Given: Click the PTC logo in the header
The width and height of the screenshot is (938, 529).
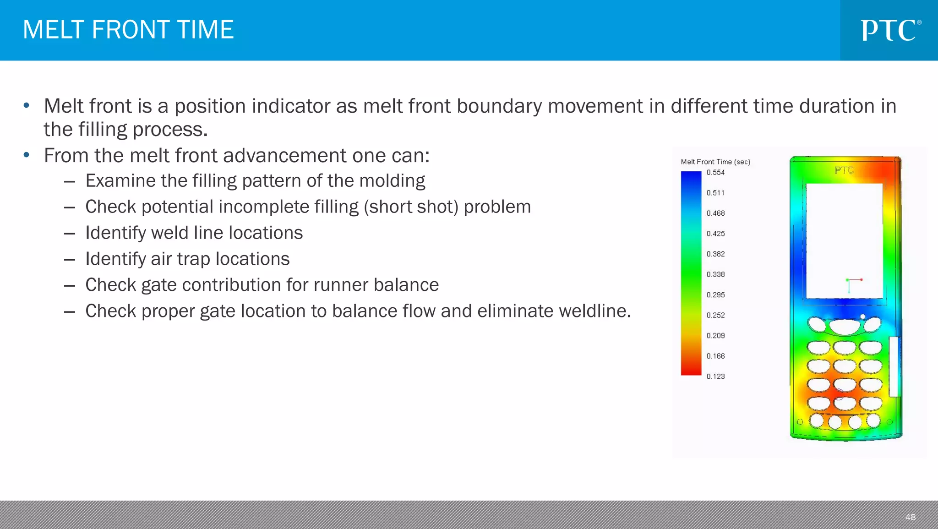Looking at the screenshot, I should point(890,30).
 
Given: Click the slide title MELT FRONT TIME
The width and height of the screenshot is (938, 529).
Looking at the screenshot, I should point(128,30).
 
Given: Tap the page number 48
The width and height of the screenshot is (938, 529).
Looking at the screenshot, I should point(910,517).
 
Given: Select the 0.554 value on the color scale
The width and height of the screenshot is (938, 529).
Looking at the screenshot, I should point(715,173).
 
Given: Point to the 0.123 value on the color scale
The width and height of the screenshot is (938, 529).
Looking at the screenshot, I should point(715,376).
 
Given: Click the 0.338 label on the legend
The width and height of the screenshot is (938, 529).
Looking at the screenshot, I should point(715,274).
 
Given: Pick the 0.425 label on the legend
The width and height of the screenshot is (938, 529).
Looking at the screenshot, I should point(715,234).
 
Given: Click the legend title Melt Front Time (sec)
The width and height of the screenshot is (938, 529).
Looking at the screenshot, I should point(715,162).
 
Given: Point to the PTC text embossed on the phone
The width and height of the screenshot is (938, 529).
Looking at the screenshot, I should point(844,170).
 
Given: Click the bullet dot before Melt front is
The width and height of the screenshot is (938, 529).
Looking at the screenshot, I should point(27,106).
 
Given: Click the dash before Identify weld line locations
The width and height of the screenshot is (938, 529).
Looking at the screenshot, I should point(70,234).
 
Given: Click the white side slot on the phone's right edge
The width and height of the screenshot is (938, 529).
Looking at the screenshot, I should point(894,366).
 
